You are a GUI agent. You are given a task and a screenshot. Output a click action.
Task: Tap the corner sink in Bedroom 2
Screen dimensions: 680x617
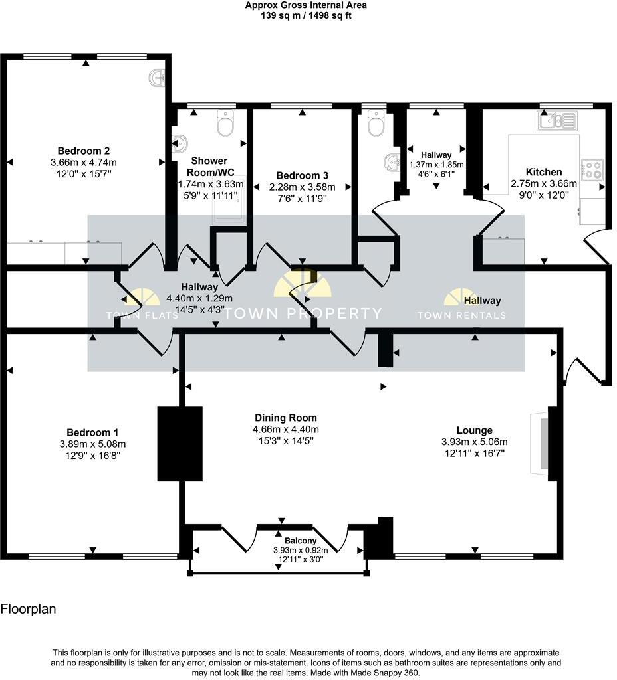158,78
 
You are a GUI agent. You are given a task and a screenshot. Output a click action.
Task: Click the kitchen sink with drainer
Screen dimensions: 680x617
557,121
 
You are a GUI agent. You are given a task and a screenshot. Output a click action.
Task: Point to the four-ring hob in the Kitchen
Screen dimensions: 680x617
592,170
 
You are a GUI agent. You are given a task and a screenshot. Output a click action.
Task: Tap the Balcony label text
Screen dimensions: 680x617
291,541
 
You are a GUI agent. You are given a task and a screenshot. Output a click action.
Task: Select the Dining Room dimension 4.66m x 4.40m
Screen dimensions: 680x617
286,429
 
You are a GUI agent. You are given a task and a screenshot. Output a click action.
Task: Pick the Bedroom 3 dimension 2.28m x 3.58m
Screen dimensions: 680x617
302,187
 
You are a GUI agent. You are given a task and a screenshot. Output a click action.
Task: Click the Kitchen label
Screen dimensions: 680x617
543,172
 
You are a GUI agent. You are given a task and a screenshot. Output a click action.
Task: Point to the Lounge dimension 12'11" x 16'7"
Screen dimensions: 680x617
474,454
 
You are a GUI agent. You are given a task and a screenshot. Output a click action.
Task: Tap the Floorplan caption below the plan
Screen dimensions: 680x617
28,608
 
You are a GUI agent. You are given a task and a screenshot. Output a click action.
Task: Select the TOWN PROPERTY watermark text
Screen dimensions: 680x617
302,313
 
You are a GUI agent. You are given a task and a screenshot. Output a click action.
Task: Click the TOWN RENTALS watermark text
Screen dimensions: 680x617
461,315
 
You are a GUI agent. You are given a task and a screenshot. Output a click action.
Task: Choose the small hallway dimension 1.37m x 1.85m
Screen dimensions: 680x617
436,165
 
